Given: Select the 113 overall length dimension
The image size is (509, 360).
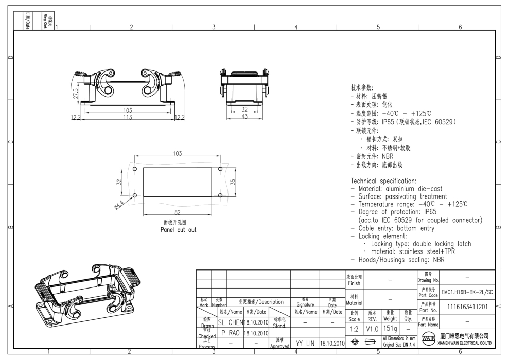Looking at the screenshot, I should pyautogui.click(x=127, y=117).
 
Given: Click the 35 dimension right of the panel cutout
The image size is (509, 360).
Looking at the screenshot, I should pyautogui.click(x=232, y=182).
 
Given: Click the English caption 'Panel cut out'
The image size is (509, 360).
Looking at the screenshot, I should pyautogui.click(x=178, y=230).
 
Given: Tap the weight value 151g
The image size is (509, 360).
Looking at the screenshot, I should pyautogui.click(x=390, y=328).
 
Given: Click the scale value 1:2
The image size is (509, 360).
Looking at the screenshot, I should pyautogui.click(x=355, y=328).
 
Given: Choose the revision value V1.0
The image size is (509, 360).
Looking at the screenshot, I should pyautogui.click(x=372, y=328).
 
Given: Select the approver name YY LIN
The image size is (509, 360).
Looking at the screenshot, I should pyautogui.click(x=305, y=343).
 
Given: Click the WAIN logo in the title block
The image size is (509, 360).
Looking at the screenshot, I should pyautogui.click(x=427, y=340).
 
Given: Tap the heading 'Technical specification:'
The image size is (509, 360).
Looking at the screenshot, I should pyautogui.click(x=383, y=181).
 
